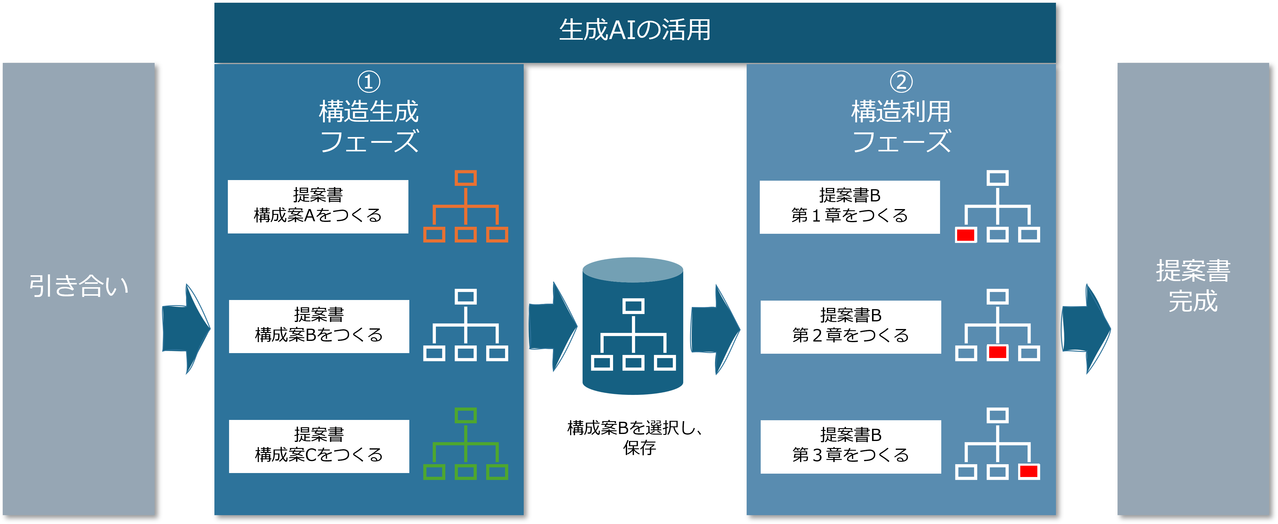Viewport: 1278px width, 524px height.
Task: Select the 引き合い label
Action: pos(78,286)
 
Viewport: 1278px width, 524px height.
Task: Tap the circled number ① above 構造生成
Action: pos(369,82)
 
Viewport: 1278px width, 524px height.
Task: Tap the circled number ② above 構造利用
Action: pos(901,82)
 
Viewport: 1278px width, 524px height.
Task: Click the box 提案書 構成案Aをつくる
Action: pos(318,206)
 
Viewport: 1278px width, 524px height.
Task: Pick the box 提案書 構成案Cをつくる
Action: pos(319,446)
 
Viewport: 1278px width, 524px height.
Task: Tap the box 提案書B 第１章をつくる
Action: pos(849,207)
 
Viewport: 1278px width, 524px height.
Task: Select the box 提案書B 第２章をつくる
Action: pos(850,327)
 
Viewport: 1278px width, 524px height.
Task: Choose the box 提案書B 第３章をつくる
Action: pos(850,446)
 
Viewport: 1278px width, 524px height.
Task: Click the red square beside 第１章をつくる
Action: pos(965,235)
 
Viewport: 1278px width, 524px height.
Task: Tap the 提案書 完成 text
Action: pos(1193,286)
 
